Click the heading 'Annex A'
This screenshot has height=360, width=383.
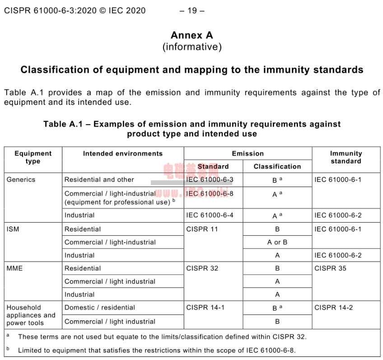[191, 35]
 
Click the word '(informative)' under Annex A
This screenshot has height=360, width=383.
[191, 47]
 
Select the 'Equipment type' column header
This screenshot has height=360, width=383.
[33, 157]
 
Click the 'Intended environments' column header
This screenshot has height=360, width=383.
[123, 154]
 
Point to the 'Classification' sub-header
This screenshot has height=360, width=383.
[277, 167]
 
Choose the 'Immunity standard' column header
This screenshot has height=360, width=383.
[346, 157]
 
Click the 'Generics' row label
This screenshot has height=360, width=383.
[21, 180]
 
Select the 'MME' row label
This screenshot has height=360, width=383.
[14, 268]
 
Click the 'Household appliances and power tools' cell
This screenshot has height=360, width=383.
[31, 315]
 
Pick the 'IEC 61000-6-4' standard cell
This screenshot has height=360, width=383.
[210, 215]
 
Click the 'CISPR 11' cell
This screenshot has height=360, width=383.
[202, 229]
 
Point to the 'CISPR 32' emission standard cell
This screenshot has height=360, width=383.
[202, 268]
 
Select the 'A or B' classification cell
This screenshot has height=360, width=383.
[277, 242]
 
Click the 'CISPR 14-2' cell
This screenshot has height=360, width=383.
[334, 308]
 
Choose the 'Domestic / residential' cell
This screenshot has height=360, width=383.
[99, 308]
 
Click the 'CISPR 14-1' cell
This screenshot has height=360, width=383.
[205, 308]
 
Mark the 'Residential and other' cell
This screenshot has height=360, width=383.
[99, 180]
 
